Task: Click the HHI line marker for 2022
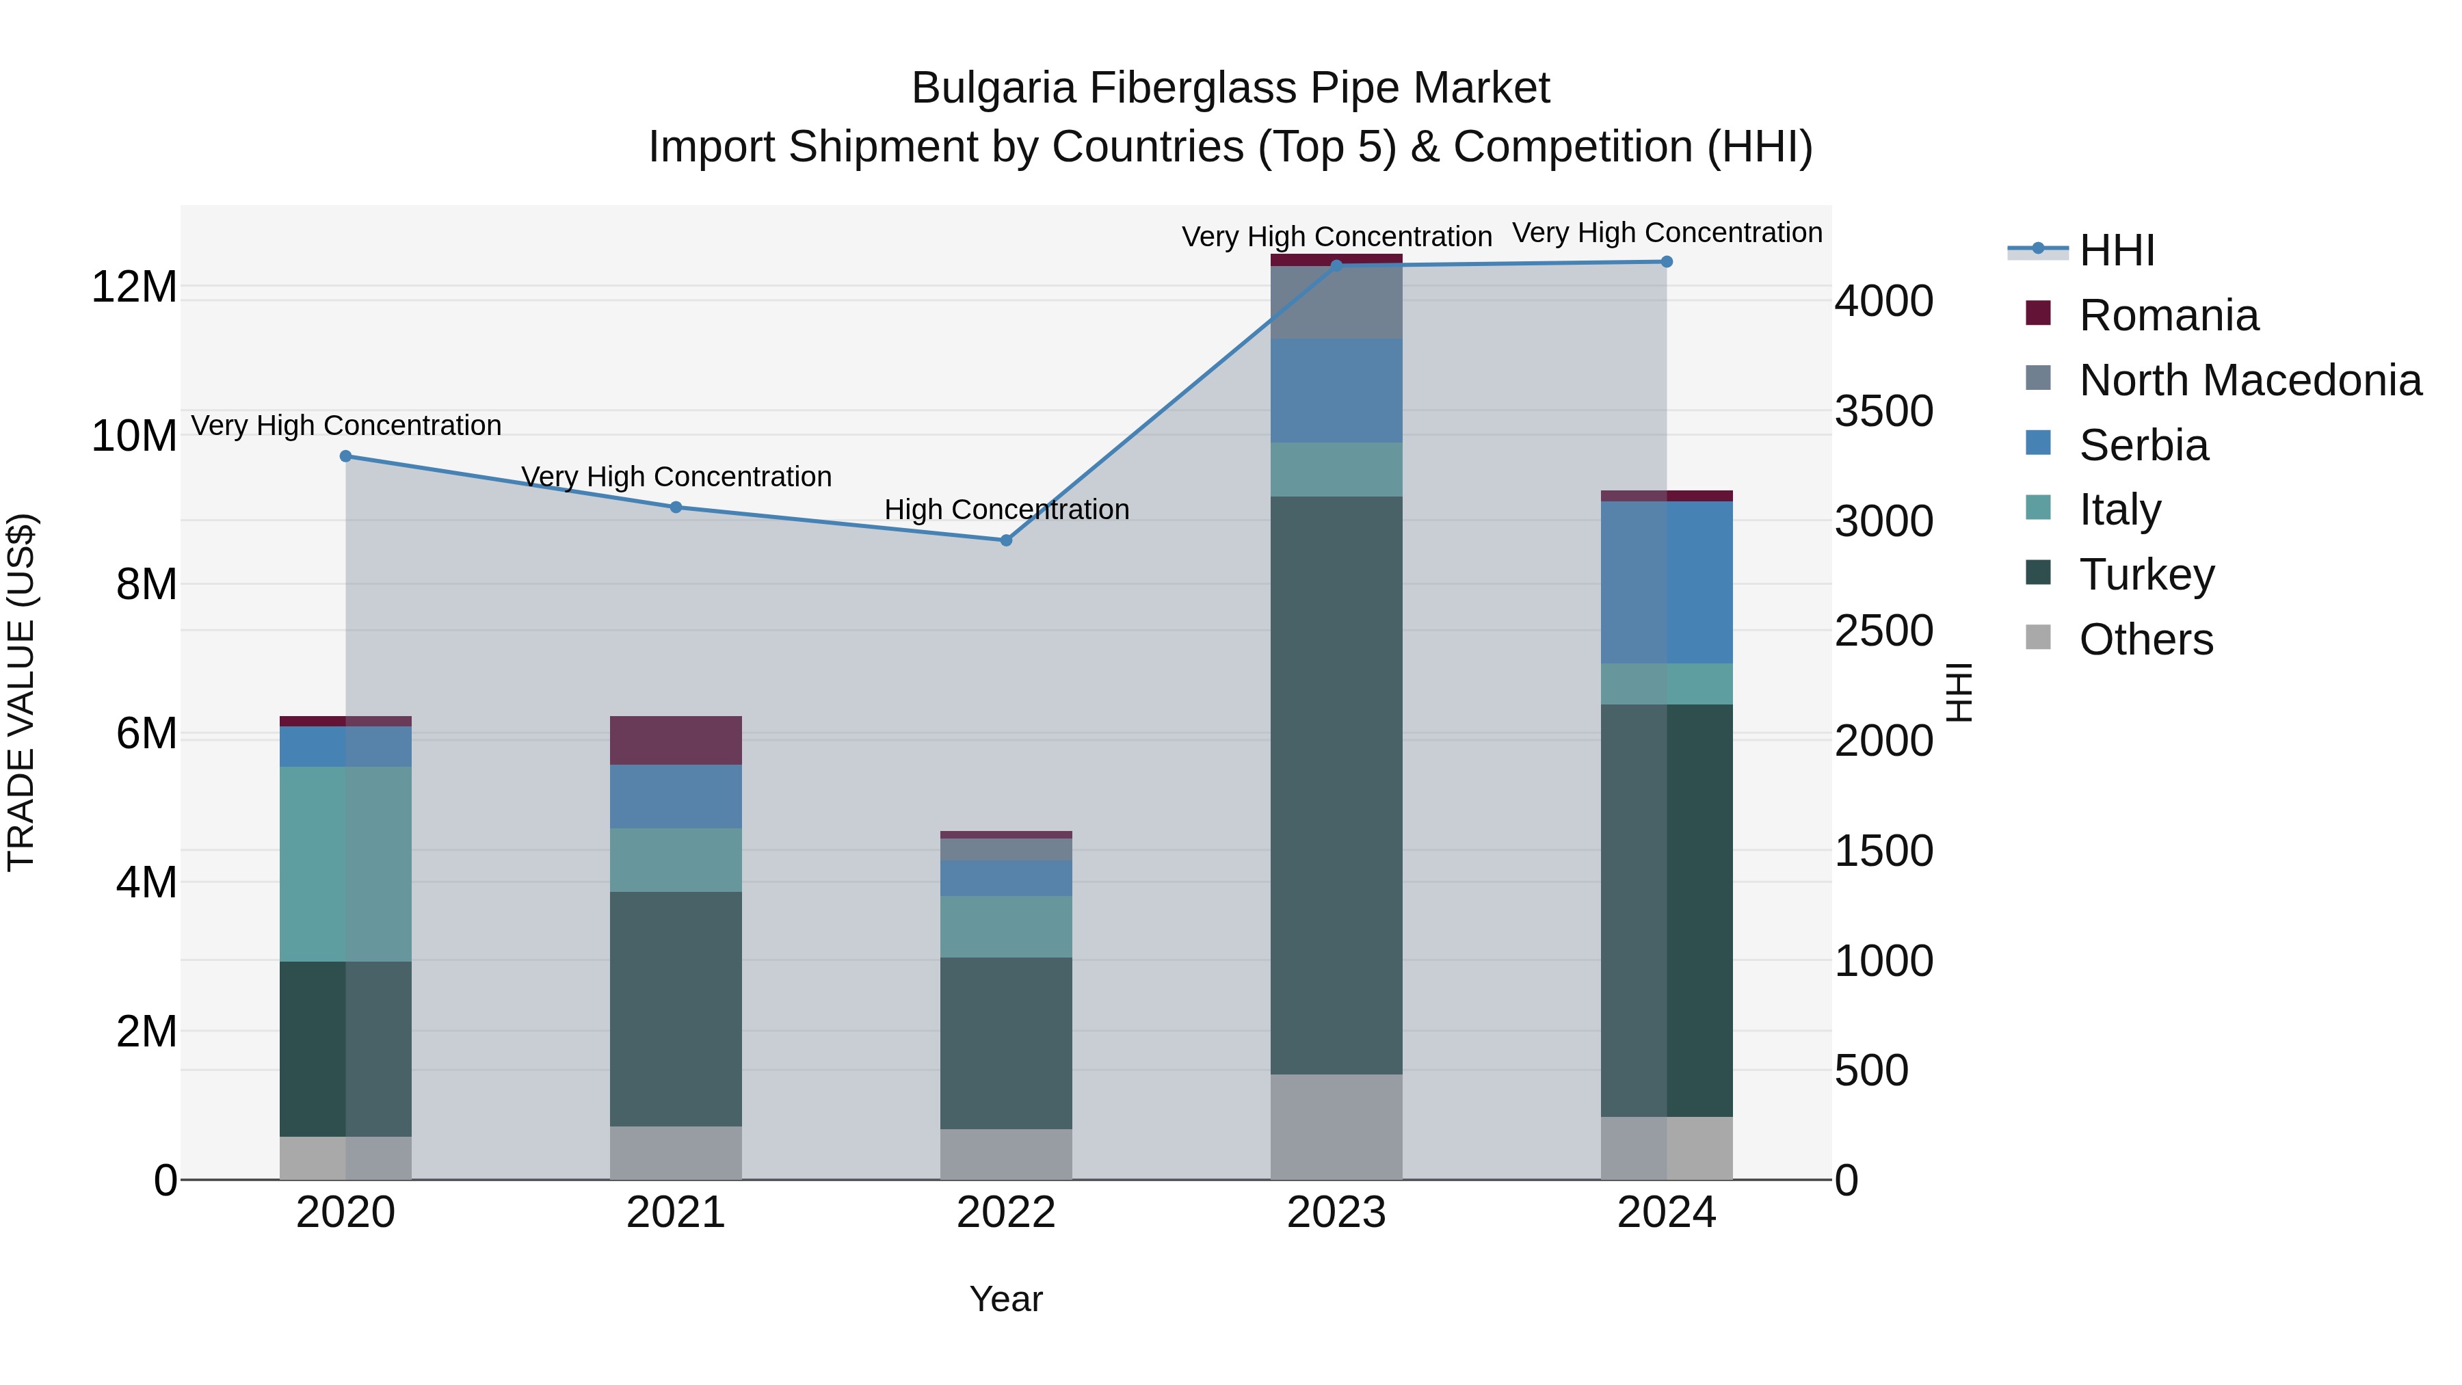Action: point(1005,540)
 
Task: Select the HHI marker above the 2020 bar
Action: point(346,456)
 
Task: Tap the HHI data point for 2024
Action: point(1667,261)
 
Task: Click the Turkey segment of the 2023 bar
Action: point(1336,784)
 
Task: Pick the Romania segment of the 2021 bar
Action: point(676,740)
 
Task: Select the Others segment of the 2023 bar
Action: point(1336,1126)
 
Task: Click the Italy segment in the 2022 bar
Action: point(1005,926)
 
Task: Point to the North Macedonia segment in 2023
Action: point(1336,302)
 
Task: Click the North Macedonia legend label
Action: point(2250,380)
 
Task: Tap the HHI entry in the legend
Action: point(2116,250)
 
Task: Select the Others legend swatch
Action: point(2038,637)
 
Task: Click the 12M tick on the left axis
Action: point(134,287)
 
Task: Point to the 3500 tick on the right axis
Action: point(1883,411)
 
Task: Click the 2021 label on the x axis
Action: point(676,1213)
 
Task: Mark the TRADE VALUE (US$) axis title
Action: point(21,692)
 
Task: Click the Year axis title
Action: point(1005,1299)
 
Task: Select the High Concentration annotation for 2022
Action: point(1005,510)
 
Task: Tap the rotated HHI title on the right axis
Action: point(1959,692)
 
